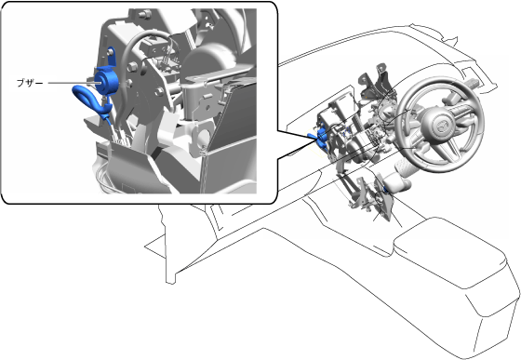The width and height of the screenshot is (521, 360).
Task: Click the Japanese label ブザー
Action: [x=30, y=83]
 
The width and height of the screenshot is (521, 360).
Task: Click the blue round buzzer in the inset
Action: [x=106, y=80]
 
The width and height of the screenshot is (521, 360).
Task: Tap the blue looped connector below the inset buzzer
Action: [x=89, y=99]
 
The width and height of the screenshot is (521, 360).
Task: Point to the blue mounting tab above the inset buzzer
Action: [x=111, y=57]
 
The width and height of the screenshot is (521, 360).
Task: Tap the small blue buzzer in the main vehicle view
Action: [x=320, y=139]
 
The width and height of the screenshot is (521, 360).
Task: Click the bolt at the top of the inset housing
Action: [x=143, y=14]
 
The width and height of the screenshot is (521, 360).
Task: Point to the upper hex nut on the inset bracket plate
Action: [x=132, y=66]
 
